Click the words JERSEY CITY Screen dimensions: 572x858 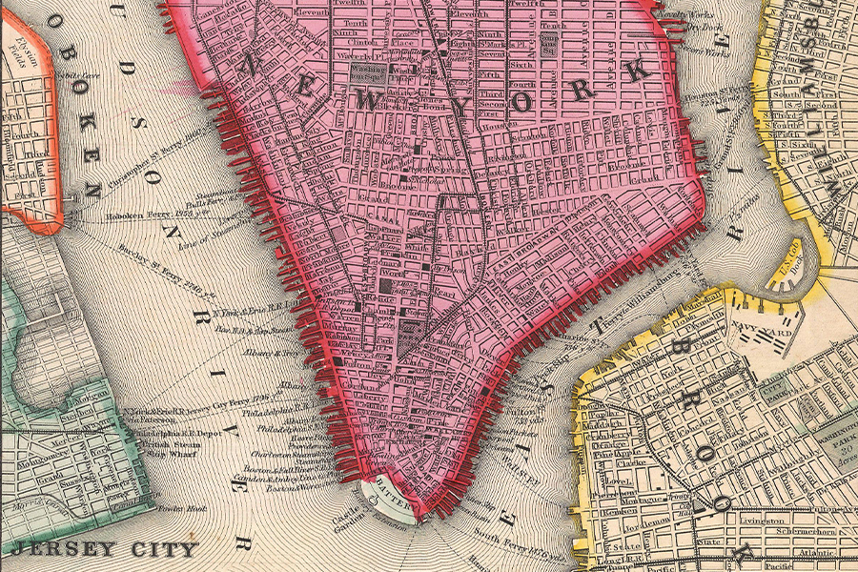click(x=105, y=549)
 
